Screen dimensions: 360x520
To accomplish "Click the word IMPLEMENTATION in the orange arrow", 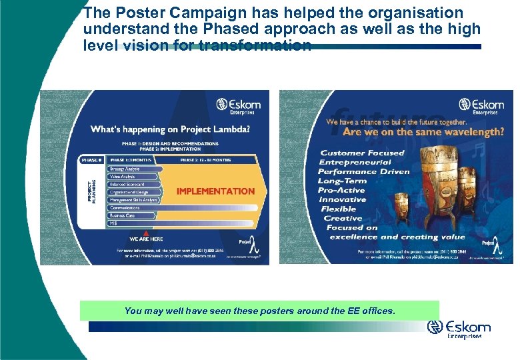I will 215,191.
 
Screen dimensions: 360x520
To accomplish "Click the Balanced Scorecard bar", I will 127,183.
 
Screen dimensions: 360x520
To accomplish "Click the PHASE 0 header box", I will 92,160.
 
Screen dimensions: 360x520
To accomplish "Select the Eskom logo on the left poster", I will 238,107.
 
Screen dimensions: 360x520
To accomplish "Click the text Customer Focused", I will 362,153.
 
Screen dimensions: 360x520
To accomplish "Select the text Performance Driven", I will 363,171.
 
